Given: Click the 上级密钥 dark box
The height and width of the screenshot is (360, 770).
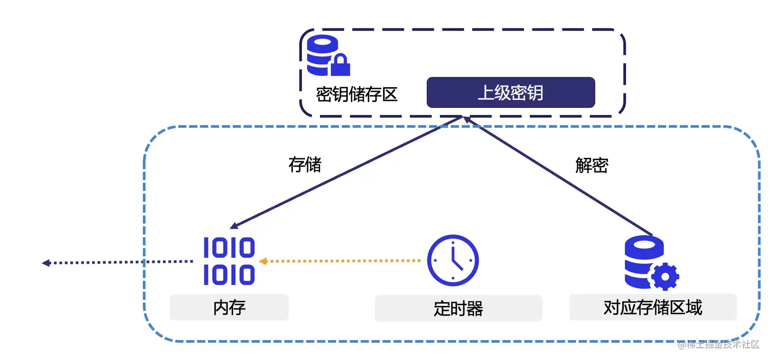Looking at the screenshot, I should pyautogui.click(x=510, y=93).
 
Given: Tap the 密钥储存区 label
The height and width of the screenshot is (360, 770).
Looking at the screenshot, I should pyautogui.click(x=356, y=94).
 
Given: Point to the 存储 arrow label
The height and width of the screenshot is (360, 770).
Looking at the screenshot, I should pyautogui.click(x=305, y=165).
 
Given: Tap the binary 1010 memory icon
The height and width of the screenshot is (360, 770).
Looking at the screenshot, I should pyautogui.click(x=229, y=261).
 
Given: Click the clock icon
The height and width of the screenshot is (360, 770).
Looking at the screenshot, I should pyautogui.click(x=453, y=260).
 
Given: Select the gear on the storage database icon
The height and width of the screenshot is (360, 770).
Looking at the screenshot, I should pyautogui.click(x=664, y=277).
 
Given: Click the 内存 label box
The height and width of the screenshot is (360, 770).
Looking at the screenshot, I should pyautogui.click(x=229, y=308).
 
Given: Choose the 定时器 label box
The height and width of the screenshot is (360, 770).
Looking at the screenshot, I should pyautogui.click(x=458, y=309).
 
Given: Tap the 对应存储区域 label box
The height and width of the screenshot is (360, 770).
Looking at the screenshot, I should pyautogui.click(x=652, y=307).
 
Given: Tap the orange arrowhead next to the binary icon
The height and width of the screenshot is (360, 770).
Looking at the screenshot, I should pyautogui.click(x=263, y=261).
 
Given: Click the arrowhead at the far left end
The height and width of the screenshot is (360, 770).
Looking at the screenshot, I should pyautogui.click(x=45, y=263).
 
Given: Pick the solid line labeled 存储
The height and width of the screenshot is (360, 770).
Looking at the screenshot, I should pyautogui.click(x=346, y=171).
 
